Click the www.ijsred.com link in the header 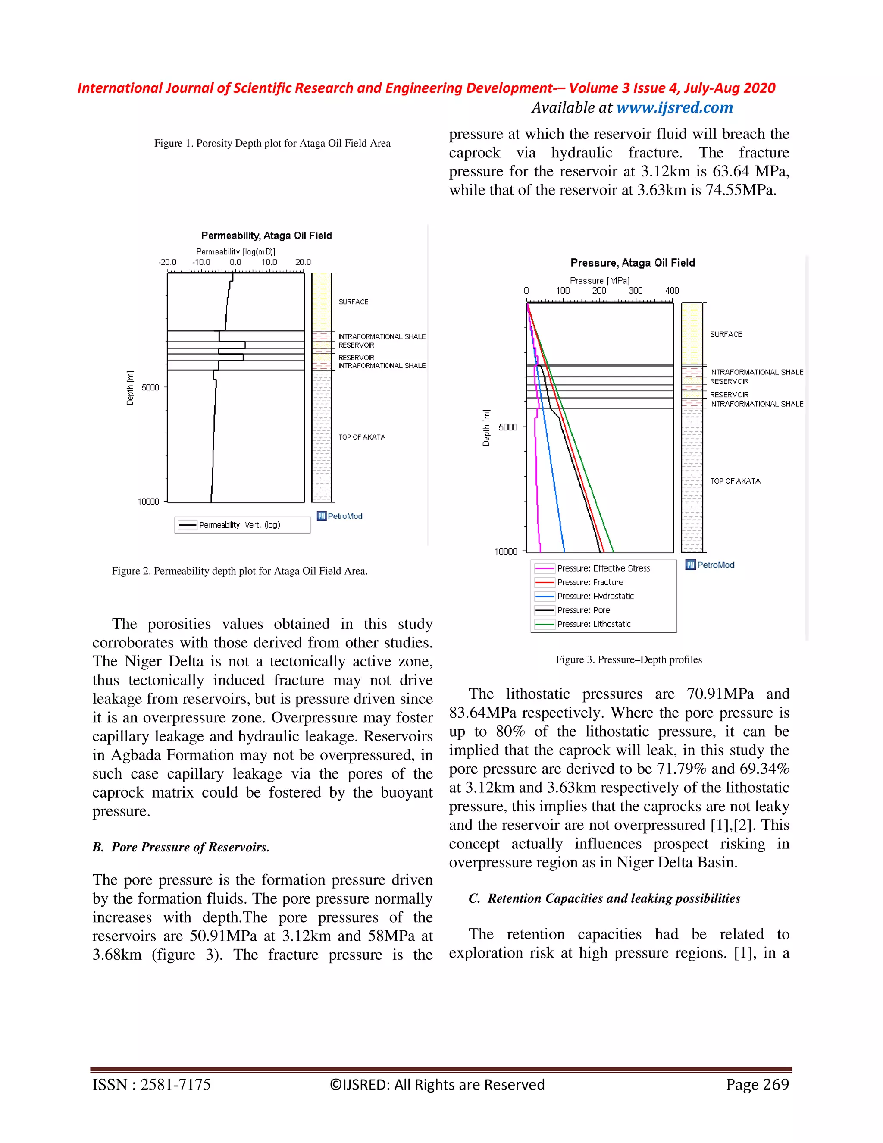point(674,108)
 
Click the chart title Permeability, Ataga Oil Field point(266,236)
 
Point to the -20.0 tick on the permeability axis point(167,262)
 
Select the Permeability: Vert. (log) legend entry point(240,525)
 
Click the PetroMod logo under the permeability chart point(340,516)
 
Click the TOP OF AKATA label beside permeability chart point(361,437)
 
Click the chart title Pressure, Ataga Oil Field point(633,263)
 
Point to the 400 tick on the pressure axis point(672,291)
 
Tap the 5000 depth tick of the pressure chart point(507,427)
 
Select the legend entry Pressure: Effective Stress point(603,568)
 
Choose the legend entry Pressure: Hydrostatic point(595,596)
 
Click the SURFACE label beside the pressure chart point(726,334)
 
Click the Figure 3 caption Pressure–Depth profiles point(628,659)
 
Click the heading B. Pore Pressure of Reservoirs point(181,847)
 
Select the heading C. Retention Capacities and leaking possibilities point(604,898)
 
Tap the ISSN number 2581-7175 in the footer point(151,1084)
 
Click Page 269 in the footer point(757,1084)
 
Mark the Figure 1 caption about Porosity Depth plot point(272,143)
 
